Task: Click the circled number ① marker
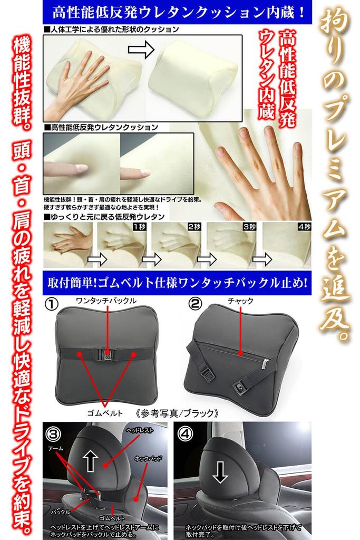[x=52, y=304]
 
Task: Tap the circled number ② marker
[x=195, y=303]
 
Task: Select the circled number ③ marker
[x=53, y=434]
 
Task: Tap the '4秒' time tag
[x=305, y=227]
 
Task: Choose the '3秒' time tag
[x=249, y=227]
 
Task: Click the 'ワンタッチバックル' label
[x=106, y=301]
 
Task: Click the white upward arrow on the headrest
[x=90, y=461]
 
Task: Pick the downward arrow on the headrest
[x=220, y=471]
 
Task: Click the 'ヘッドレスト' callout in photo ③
[x=139, y=430]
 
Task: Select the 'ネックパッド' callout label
[x=148, y=458]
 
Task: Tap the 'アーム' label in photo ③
[x=56, y=448]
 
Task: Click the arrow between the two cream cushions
[x=141, y=50]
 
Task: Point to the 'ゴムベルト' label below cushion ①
[x=105, y=413]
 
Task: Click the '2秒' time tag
[x=194, y=227]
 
